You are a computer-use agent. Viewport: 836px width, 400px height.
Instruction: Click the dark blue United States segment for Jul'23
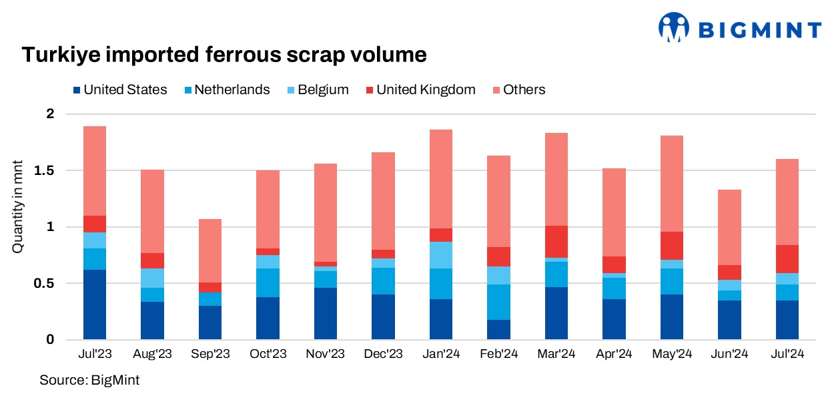tap(94, 305)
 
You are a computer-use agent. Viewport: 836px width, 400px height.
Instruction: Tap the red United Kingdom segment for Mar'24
tap(556, 242)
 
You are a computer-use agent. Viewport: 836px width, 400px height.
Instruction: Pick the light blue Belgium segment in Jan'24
tap(440, 255)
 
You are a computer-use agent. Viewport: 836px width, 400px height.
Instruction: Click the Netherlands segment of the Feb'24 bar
tap(498, 302)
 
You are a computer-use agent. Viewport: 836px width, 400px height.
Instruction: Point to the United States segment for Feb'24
tap(498, 330)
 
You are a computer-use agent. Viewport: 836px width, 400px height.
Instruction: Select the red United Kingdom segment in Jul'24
tap(787, 259)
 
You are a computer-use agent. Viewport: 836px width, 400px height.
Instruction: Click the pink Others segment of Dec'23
tap(383, 201)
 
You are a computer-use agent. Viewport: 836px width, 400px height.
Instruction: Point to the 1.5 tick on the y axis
tap(55, 171)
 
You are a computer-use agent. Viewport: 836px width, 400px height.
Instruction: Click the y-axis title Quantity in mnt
tap(18, 206)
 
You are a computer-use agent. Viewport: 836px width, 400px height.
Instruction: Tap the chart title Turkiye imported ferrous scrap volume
tap(224, 55)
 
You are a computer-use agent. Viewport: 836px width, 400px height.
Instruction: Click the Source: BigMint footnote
tap(89, 380)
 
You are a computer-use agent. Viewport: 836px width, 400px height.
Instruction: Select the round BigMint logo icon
tap(673, 27)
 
